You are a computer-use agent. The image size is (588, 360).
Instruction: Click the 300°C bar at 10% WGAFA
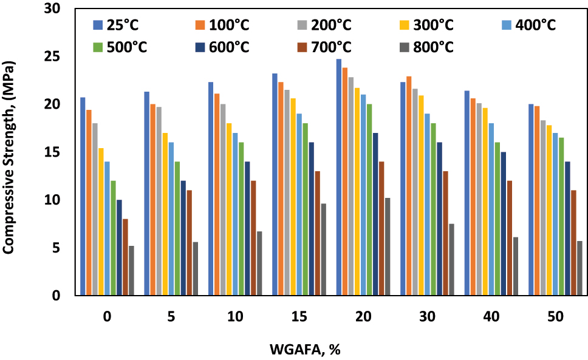(x=230, y=209)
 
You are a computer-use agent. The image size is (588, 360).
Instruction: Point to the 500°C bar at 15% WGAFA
(x=306, y=209)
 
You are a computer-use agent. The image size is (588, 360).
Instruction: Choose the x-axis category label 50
(x=556, y=317)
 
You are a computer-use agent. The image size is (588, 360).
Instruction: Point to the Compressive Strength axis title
(x=10, y=152)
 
